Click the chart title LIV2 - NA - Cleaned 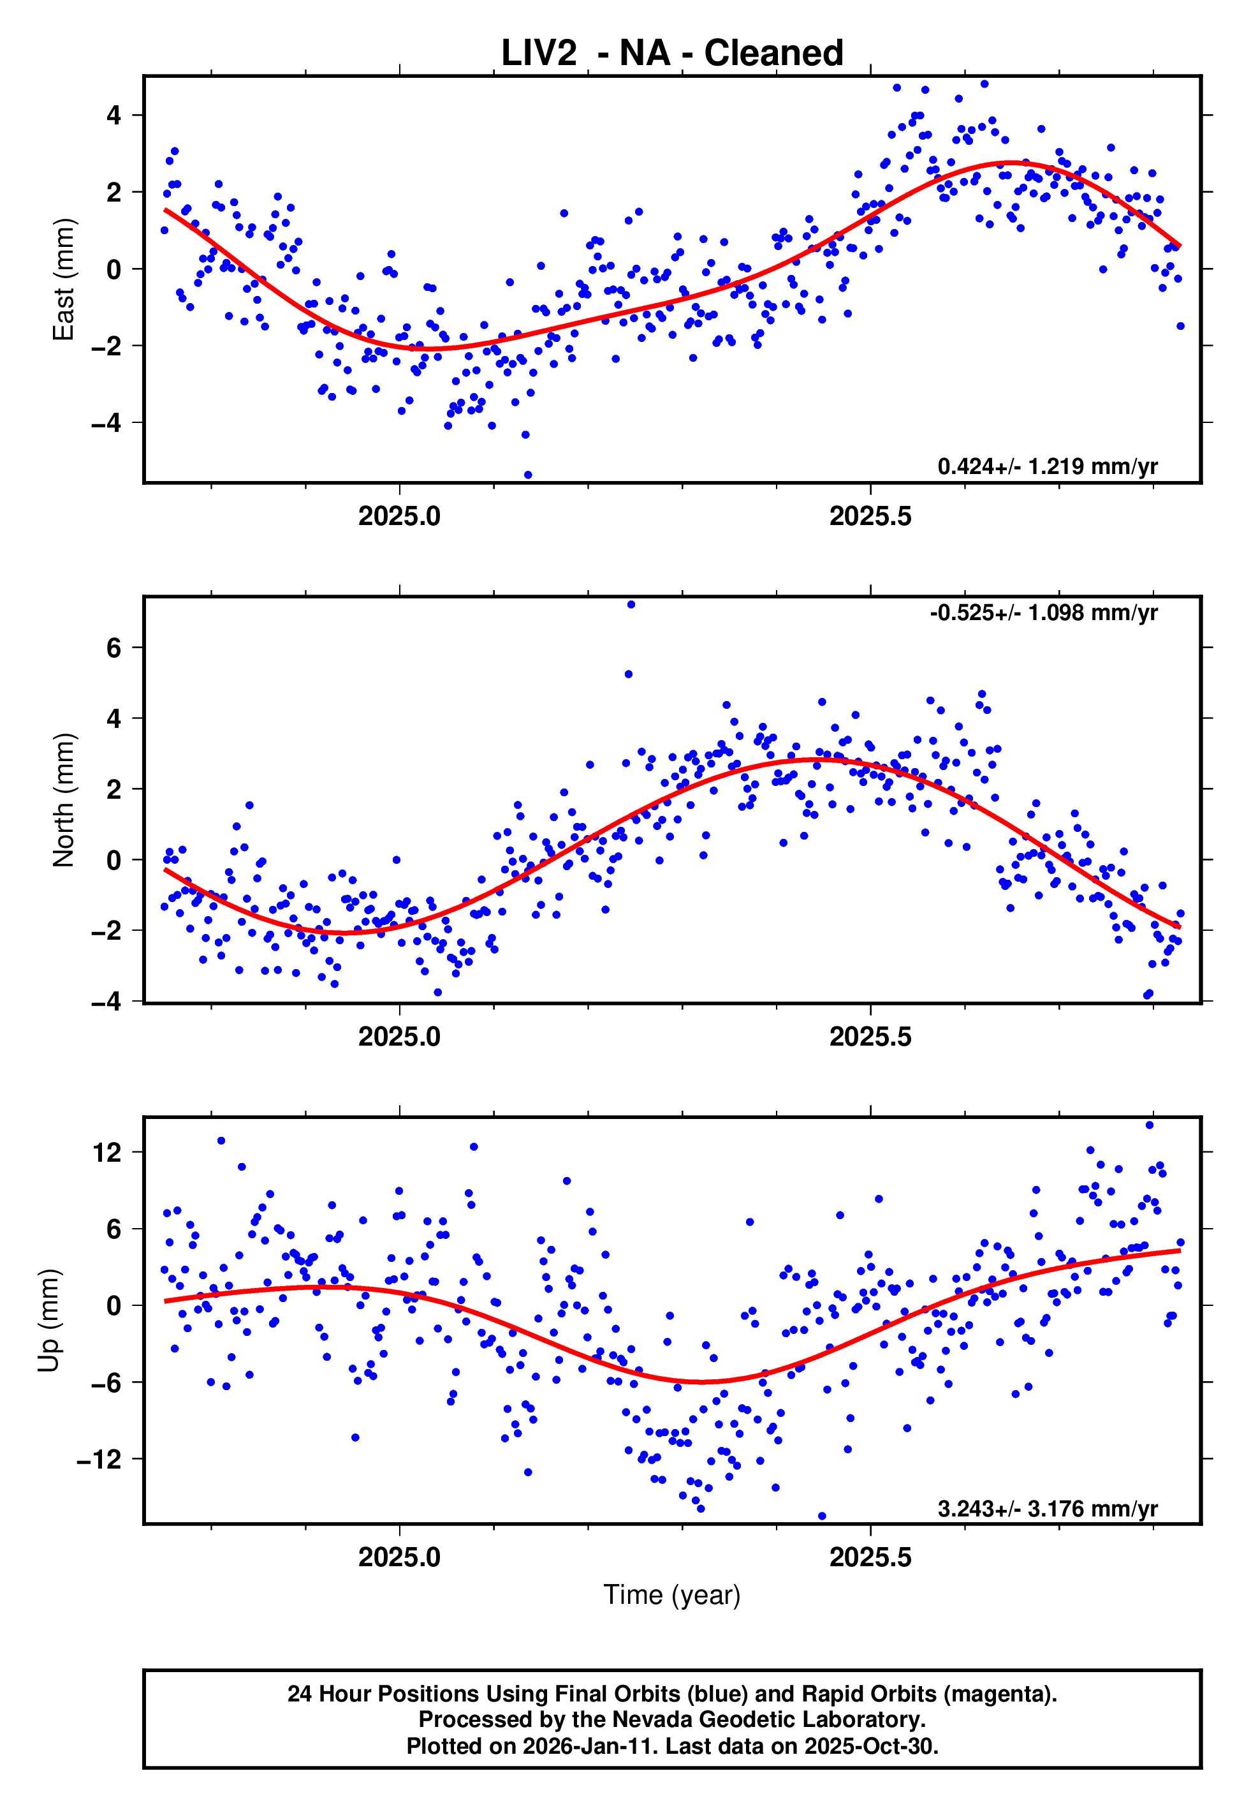[672, 54]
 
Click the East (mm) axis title [64, 279]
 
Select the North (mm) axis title [64, 800]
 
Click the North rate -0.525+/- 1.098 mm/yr [1043, 612]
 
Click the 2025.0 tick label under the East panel [399, 516]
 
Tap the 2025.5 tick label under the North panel [870, 1037]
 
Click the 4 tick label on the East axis [114, 115]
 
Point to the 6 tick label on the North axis [114, 648]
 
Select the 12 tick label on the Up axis [107, 1153]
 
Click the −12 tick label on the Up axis [99, 1459]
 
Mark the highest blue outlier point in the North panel [631, 605]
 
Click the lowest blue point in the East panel [527, 475]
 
